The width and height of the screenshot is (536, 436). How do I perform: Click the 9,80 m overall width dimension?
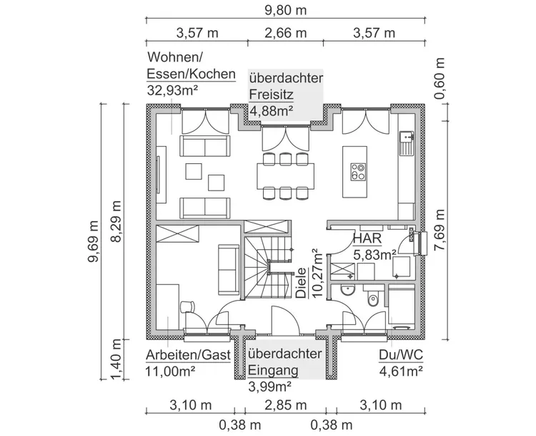(x=286, y=10)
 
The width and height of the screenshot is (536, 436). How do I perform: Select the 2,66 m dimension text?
(x=286, y=33)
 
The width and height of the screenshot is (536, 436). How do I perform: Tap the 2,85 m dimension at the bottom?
(x=286, y=405)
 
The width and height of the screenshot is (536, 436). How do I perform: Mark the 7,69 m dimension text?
(x=441, y=231)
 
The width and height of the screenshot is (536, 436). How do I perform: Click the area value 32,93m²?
(x=172, y=89)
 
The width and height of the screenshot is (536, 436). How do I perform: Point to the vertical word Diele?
(x=301, y=283)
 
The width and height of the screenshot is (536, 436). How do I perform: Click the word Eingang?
(x=274, y=372)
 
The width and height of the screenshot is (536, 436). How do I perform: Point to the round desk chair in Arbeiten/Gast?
(x=187, y=306)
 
